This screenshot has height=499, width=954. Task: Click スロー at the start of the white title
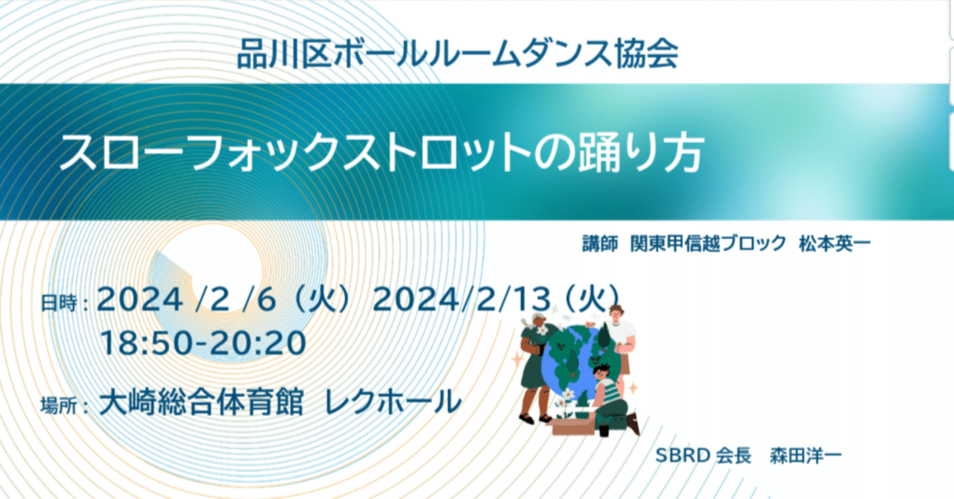(x=112, y=155)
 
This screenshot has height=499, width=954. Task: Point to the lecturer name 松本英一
(x=834, y=244)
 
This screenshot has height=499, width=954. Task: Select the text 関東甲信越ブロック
(x=708, y=244)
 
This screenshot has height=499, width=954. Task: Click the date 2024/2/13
(x=463, y=300)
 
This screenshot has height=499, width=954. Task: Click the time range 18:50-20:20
(x=203, y=343)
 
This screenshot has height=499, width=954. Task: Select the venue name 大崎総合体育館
(x=201, y=404)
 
